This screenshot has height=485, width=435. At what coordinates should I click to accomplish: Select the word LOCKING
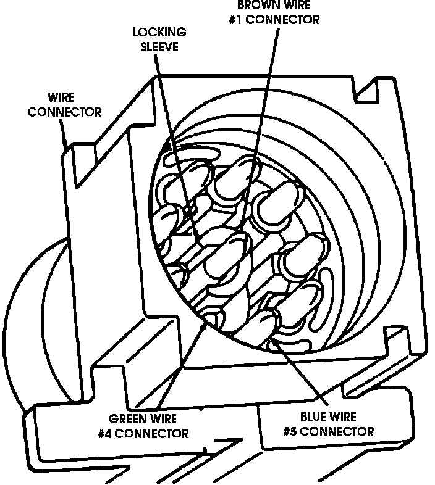pyautogui.click(x=159, y=33)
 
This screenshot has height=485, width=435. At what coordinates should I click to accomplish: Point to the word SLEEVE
pyautogui.click(x=159, y=46)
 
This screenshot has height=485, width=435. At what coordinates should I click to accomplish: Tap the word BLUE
pyautogui.click(x=314, y=418)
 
